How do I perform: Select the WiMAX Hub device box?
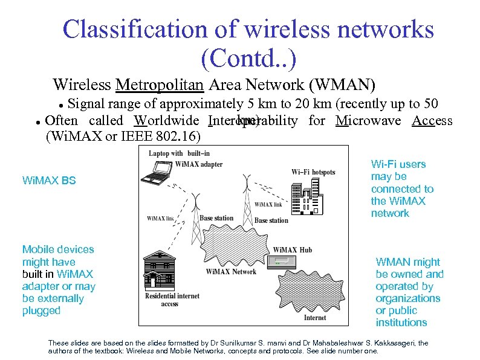[x=284, y=262]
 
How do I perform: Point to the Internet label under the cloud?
[x=314, y=318]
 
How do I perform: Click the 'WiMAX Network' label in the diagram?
[x=231, y=271]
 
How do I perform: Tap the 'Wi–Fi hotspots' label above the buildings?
[x=313, y=172]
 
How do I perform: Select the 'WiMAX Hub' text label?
[x=293, y=249]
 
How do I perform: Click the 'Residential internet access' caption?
[x=172, y=300]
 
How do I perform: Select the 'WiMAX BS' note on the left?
[x=49, y=180]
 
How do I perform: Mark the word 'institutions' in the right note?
[x=401, y=323]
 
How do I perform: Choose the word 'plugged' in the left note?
[x=42, y=310]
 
